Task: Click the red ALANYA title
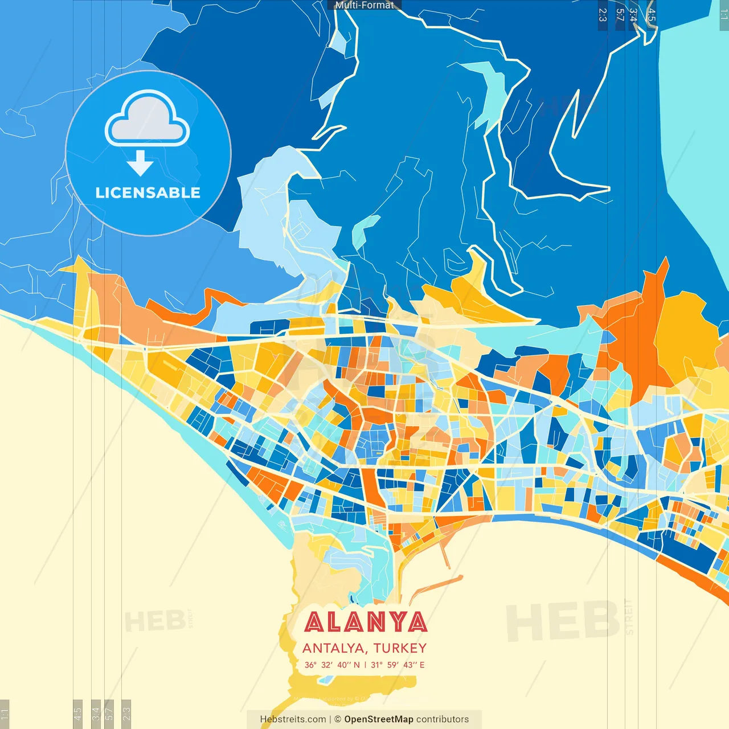[x=365, y=622]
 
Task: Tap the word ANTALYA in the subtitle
[x=333, y=648]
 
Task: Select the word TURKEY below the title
[x=400, y=648]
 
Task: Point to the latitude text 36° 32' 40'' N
[x=332, y=665]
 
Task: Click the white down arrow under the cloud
[x=140, y=163]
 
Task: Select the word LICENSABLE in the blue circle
[x=148, y=193]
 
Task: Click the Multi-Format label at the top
[x=364, y=5]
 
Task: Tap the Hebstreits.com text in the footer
[x=293, y=719]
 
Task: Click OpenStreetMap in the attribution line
[x=378, y=719]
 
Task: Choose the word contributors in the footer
[x=443, y=719]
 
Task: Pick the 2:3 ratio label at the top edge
[x=603, y=15]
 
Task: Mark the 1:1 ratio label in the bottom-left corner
[x=5, y=714]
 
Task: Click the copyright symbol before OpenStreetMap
[x=338, y=719]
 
